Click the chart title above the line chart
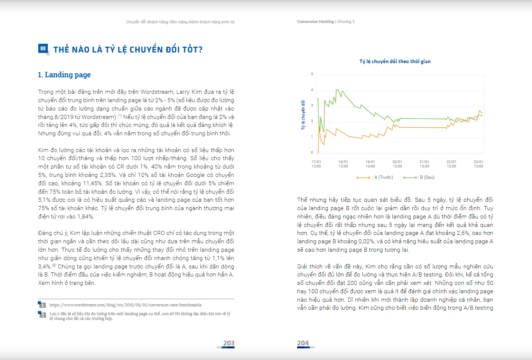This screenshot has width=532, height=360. coord(395,61)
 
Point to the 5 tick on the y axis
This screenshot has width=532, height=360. coord(312,74)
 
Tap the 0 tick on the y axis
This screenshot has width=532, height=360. coord(312,152)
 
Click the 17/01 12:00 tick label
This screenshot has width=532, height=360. coord(316,164)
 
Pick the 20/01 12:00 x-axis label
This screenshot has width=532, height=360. coord(397,164)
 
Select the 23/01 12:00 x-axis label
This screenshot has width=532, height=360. coord(478,164)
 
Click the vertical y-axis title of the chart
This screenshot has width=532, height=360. coord(303,115)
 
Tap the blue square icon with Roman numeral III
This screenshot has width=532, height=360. coord(43,49)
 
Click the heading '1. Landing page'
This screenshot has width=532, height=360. coord(64,75)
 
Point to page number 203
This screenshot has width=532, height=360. coord(229,343)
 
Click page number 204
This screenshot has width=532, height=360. coord(303,343)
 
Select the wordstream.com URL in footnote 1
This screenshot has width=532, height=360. coord(125,305)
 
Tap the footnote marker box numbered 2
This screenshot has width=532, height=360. coord(42,314)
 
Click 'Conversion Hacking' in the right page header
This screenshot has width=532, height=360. coord(315,22)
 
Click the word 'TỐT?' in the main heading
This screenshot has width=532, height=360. coord(192,50)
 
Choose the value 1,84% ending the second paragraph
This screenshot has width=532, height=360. coord(85,217)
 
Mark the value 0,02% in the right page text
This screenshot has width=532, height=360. coord(369,241)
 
